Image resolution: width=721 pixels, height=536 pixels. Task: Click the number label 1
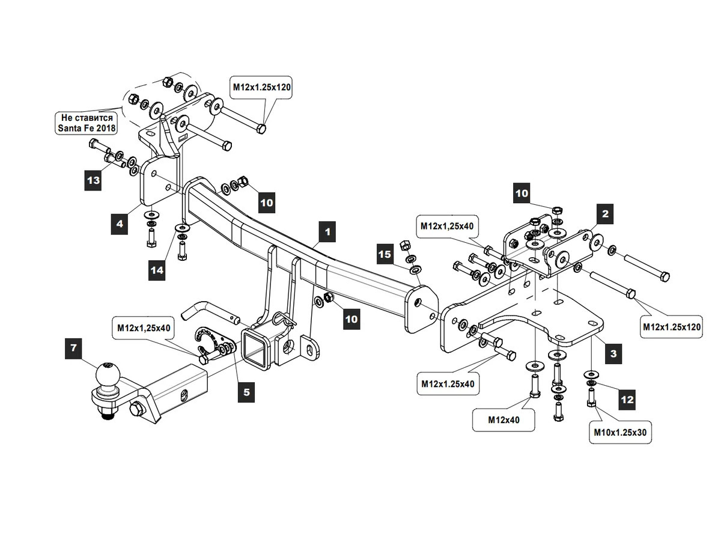pyautogui.click(x=327, y=231)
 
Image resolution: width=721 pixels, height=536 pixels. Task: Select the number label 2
pyautogui.click(x=605, y=213)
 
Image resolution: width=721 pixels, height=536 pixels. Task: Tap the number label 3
pyautogui.click(x=613, y=353)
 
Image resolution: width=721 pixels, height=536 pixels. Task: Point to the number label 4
pyautogui.click(x=120, y=224)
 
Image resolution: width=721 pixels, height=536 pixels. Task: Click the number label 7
pyautogui.click(x=73, y=348)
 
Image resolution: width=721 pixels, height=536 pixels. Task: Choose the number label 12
pyautogui.click(x=626, y=398)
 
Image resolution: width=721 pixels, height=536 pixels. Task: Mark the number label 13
pyautogui.click(x=93, y=180)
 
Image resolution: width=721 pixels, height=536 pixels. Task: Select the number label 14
pyautogui.click(x=157, y=270)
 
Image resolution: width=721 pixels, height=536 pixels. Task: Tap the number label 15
pyautogui.click(x=385, y=255)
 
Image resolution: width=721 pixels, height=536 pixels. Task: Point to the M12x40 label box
pyautogui.click(x=503, y=420)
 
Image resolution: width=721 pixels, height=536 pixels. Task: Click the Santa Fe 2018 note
pyautogui.click(x=87, y=123)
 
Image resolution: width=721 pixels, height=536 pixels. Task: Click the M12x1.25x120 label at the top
pyautogui.click(x=262, y=88)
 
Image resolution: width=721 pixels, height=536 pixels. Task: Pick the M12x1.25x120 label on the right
pyautogui.click(x=671, y=327)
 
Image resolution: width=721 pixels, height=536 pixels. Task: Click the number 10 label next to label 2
pyautogui.click(x=522, y=193)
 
